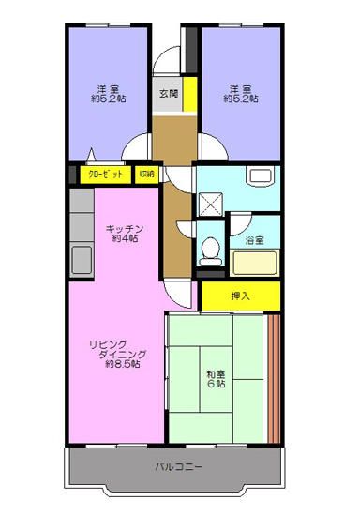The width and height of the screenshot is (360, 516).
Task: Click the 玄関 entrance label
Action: point(168,93)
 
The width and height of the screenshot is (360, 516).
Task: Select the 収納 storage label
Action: point(146,175)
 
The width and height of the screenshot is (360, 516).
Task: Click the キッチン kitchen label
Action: point(123,227)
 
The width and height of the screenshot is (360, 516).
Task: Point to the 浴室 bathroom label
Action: point(254,241)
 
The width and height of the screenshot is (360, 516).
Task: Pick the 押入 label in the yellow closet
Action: point(240,296)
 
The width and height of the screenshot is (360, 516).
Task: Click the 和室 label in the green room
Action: point(216,372)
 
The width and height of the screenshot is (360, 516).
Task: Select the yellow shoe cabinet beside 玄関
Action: point(189,94)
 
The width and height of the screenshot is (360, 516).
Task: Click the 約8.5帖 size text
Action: point(122,364)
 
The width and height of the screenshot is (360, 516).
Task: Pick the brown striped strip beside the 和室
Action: point(274,375)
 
